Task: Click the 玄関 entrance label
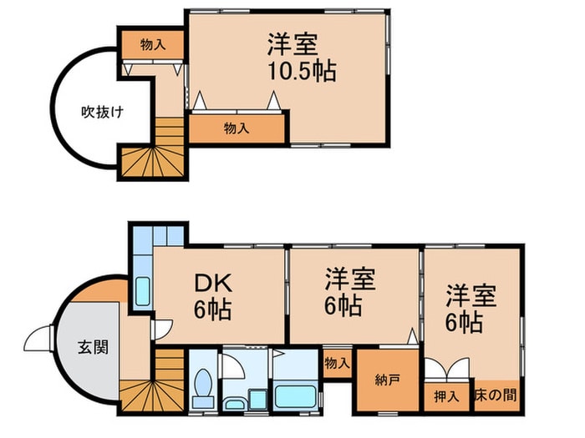(93, 347)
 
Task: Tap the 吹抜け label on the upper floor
(102, 112)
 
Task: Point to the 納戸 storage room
(387, 380)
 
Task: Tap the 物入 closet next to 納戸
(336, 364)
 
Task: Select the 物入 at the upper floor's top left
(152, 44)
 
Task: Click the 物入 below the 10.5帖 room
(236, 128)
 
